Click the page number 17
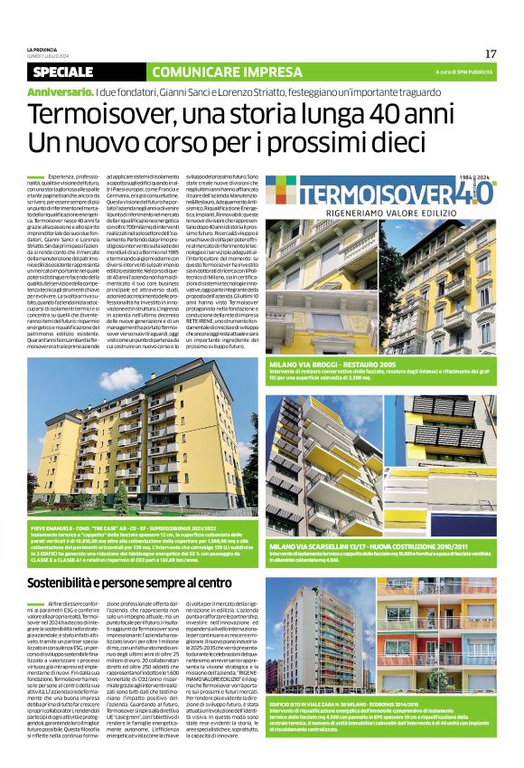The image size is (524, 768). pos(491,53)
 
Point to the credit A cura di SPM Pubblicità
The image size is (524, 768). pos(463,71)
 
